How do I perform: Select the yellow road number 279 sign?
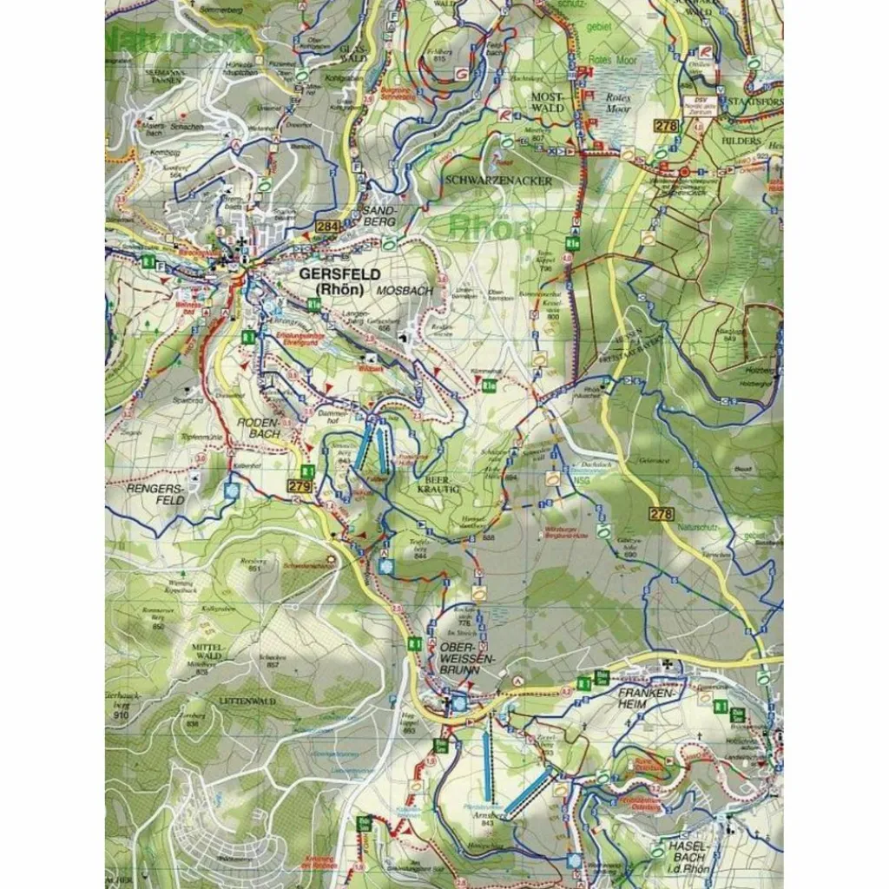coord(300,486)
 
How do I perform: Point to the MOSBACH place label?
coord(405,291)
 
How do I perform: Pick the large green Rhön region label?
coord(491,227)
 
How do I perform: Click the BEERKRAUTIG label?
coord(440,483)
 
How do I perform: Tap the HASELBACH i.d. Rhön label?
coord(691,852)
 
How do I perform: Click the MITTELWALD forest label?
coord(210,654)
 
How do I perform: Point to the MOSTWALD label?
coord(548,103)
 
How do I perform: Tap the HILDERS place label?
coord(740,140)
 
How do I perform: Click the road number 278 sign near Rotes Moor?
coord(666,127)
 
